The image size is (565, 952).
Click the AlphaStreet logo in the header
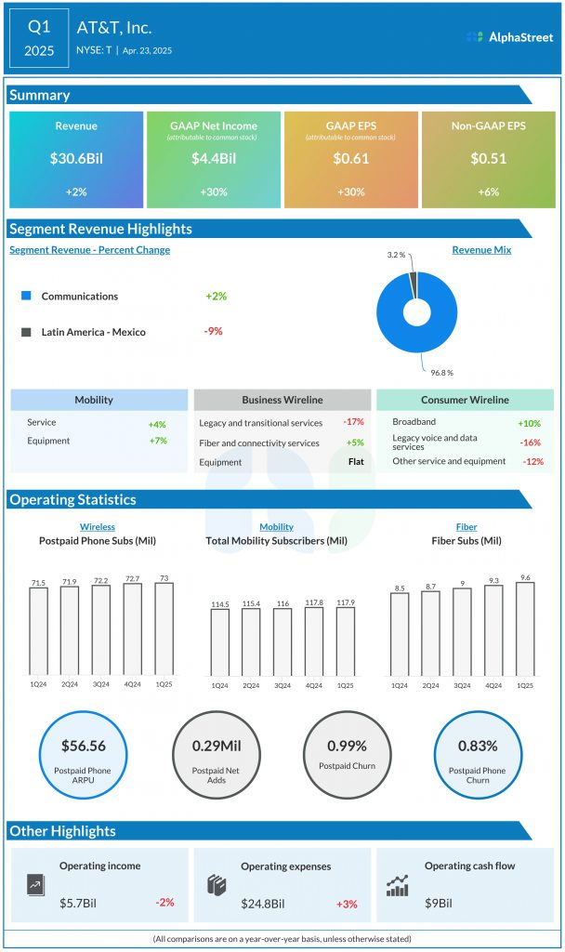509,37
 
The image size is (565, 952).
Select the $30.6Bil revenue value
76,158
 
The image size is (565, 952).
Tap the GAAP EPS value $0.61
351,158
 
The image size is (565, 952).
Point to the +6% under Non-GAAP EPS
489,192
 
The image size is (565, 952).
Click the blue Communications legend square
26,296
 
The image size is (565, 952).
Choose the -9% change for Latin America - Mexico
214,331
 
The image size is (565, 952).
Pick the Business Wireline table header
282,400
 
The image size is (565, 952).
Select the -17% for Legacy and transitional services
352,423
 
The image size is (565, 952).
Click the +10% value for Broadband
530,423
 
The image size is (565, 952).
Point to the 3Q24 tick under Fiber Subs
462,685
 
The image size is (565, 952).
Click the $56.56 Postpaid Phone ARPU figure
84,746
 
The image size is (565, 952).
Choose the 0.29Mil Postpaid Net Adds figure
216,746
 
